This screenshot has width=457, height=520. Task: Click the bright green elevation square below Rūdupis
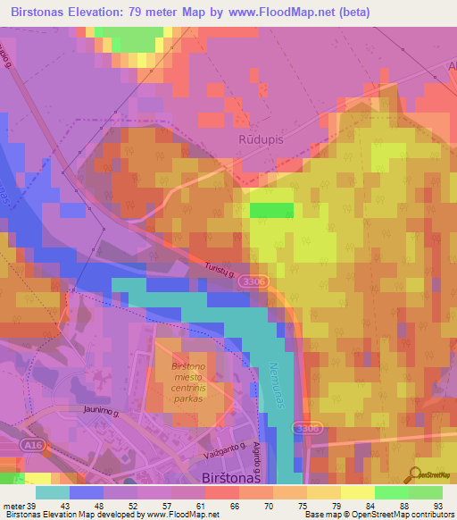click(270, 210)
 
